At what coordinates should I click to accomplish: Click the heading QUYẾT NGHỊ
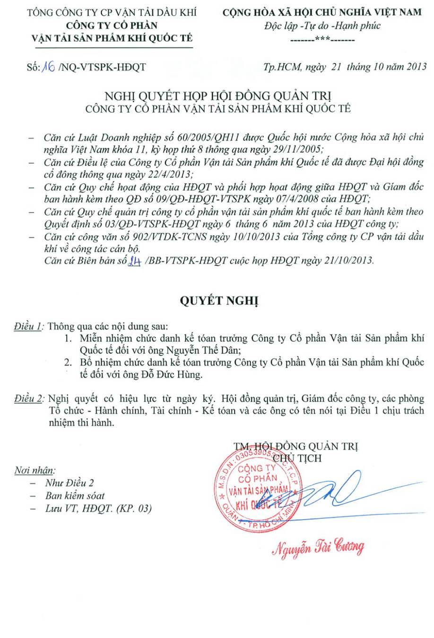[217, 301]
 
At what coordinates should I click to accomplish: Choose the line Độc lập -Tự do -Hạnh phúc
[322, 26]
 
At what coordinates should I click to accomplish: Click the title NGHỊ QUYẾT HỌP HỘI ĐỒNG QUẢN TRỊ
[217, 97]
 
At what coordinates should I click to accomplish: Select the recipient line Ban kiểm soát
[75, 496]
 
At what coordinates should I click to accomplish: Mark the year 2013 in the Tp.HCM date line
[416, 67]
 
